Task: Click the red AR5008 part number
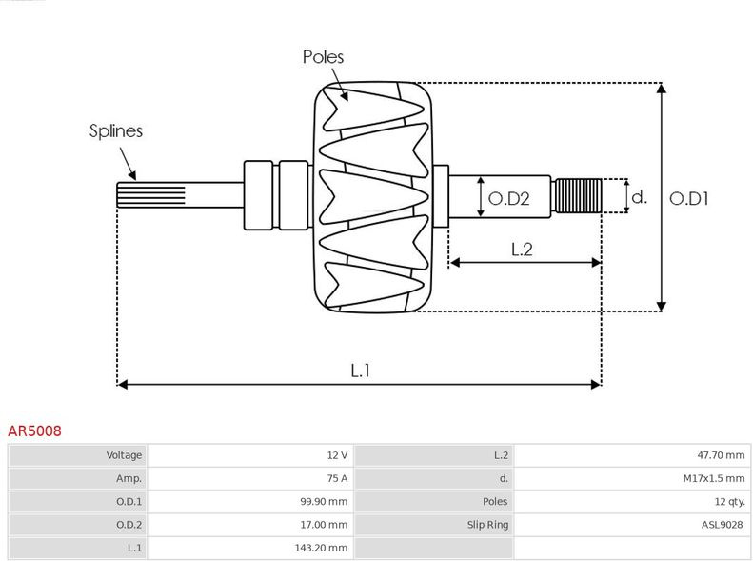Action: point(34,431)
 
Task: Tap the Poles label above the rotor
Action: point(324,57)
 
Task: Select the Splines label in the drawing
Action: point(116,131)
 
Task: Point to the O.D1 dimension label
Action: point(688,198)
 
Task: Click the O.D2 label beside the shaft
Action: point(508,198)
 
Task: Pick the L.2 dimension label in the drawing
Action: point(522,250)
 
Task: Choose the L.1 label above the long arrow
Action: point(360,371)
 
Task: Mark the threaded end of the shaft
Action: point(577,195)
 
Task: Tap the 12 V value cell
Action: point(337,455)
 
